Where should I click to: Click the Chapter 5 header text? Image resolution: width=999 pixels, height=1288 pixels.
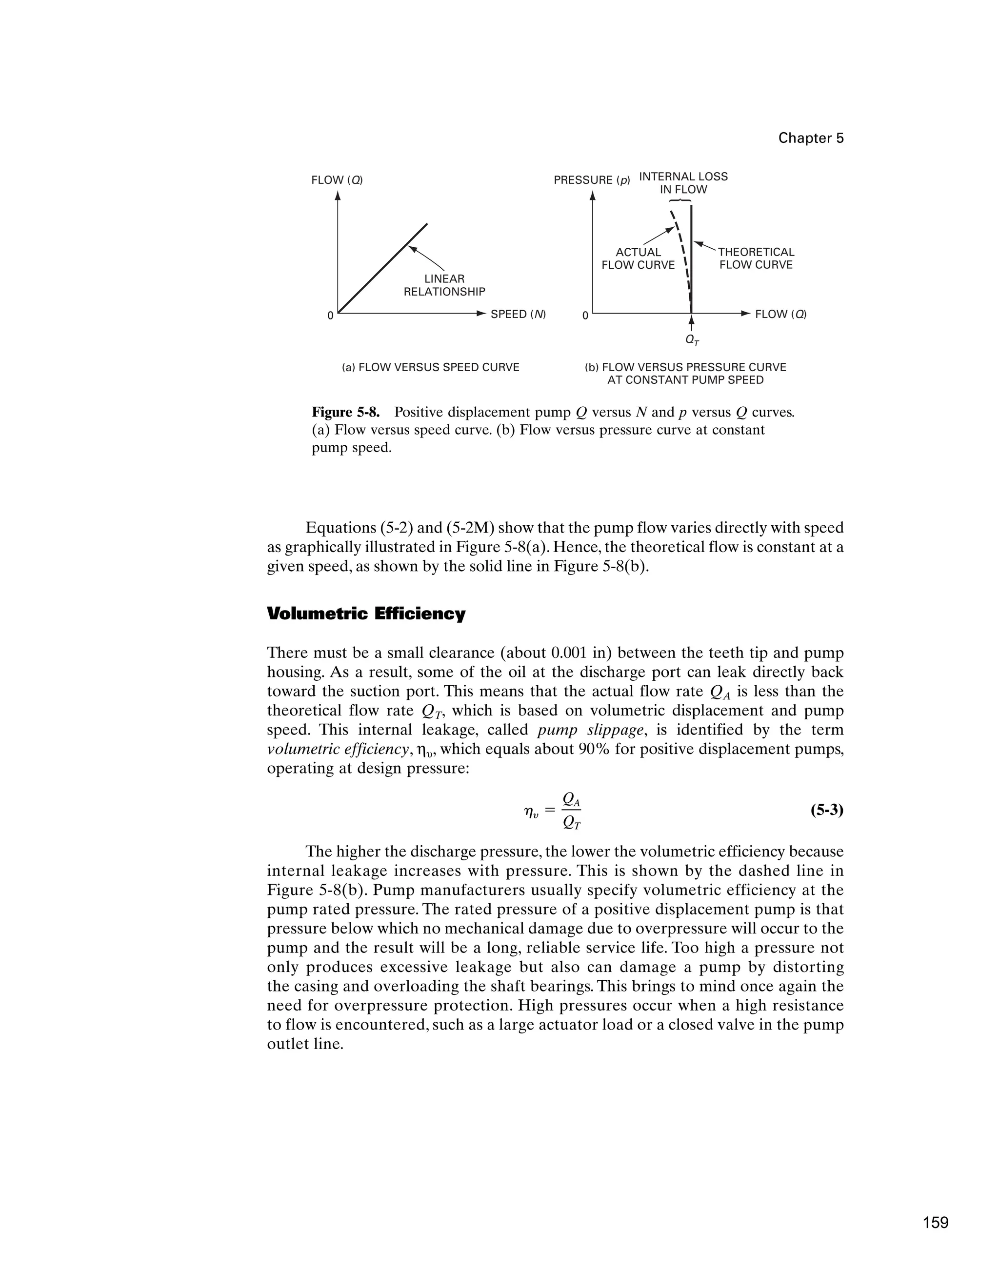pyautogui.click(x=810, y=138)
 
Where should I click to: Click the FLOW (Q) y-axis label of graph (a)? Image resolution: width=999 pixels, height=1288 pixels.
pyautogui.click(x=337, y=180)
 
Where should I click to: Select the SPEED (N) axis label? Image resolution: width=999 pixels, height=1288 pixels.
pyautogui.click(x=518, y=315)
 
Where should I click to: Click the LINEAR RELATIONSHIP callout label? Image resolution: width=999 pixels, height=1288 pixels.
pyautogui.click(x=444, y=285)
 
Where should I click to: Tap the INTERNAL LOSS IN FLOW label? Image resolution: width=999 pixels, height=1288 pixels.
pyautogui.click(x=683, y=183)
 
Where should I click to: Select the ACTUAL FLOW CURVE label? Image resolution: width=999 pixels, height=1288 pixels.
pyautogui.click(x=638, y=259)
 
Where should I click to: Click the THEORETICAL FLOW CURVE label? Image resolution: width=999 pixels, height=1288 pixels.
pyautogui.click(x=756, y=259)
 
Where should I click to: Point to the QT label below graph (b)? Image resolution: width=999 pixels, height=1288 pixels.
pyautogui.click(x=691, y=340)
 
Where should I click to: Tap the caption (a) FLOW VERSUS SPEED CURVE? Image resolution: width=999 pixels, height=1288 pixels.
pyautogui.click(x=431, y=367)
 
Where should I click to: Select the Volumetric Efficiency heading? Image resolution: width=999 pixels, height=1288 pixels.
pyautogui.click(x=366, y=614)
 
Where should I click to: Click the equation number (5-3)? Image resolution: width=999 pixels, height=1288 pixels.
pyautogui.click(x=827, y=811)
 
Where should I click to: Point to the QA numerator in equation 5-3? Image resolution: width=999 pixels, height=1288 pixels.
pyautogui.click(x=571, y=799)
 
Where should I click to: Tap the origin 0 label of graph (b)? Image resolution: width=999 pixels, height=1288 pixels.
pyautogui.click(x=585, y=316)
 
